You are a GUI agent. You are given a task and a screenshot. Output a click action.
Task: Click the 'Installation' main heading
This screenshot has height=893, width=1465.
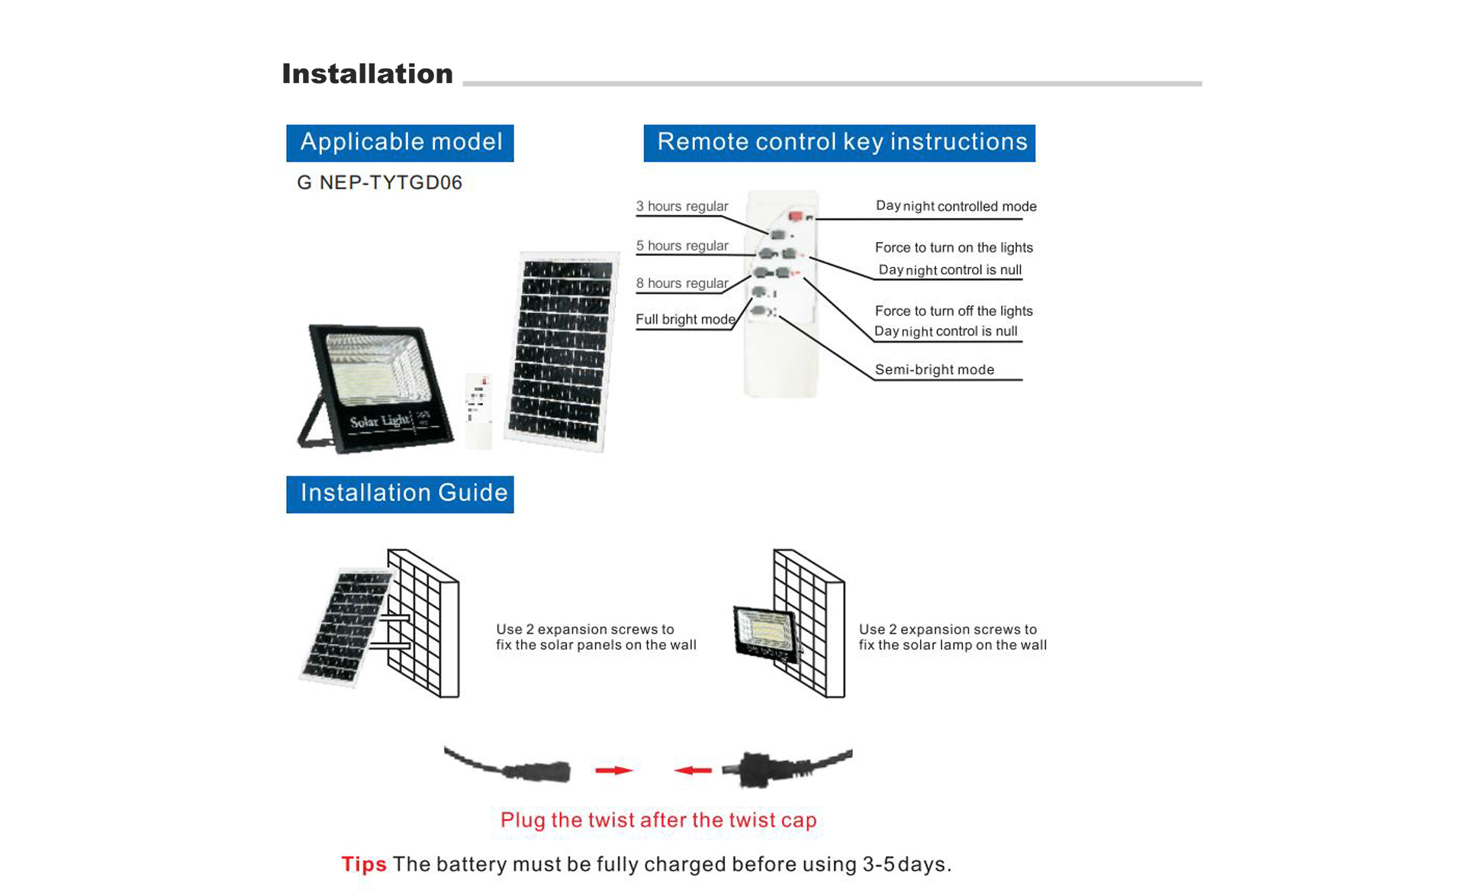(x=367, y=74)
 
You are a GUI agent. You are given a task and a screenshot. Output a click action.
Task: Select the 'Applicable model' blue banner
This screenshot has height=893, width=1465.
(x=400, y=143)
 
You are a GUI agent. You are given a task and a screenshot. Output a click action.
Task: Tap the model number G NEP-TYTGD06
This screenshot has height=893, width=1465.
(x=379, y=182)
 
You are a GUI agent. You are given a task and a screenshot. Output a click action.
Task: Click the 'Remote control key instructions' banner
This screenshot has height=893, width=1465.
(x=839, y=143)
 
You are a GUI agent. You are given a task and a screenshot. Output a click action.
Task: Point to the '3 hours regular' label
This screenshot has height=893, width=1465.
(x=682, y=206)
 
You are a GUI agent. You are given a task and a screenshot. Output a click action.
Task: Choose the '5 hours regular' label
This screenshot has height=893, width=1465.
(x=682, y=246)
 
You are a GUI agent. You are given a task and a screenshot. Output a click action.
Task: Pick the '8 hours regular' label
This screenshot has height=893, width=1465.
(x=682, y=283)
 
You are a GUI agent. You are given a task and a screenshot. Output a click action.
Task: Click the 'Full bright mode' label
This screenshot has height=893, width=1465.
(x=685, y=319)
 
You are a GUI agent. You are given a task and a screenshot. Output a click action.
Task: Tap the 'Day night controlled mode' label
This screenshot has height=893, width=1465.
(x=956, y=206)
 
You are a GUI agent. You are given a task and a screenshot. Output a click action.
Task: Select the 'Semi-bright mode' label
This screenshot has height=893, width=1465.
(x=935, y=369)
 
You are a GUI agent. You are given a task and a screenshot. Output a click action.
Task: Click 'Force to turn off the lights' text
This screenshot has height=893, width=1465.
(x=954, y=311)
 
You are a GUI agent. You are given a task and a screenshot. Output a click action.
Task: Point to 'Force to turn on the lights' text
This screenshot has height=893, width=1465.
(x=954, y=247)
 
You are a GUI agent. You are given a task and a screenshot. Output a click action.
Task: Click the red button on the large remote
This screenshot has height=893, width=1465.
(x=795, y=217)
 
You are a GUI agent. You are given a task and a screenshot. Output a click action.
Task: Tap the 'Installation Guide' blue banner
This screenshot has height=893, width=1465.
(x=400, y=494)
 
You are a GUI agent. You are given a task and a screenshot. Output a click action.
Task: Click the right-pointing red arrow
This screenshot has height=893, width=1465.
(x=614, y=770)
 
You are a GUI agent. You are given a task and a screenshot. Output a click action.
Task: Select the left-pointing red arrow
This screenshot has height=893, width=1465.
(x=693, y=770)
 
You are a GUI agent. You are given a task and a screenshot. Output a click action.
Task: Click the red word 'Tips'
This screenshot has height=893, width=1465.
(x=363, y=864)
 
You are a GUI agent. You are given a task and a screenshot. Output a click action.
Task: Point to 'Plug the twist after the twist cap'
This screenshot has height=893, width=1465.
(x=658, y=820)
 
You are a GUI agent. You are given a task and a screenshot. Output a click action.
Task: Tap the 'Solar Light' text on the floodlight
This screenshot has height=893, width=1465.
(x=379, y=421)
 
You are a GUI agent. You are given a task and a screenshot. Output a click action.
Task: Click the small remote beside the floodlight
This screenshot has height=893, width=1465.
(x=478, y=411)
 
